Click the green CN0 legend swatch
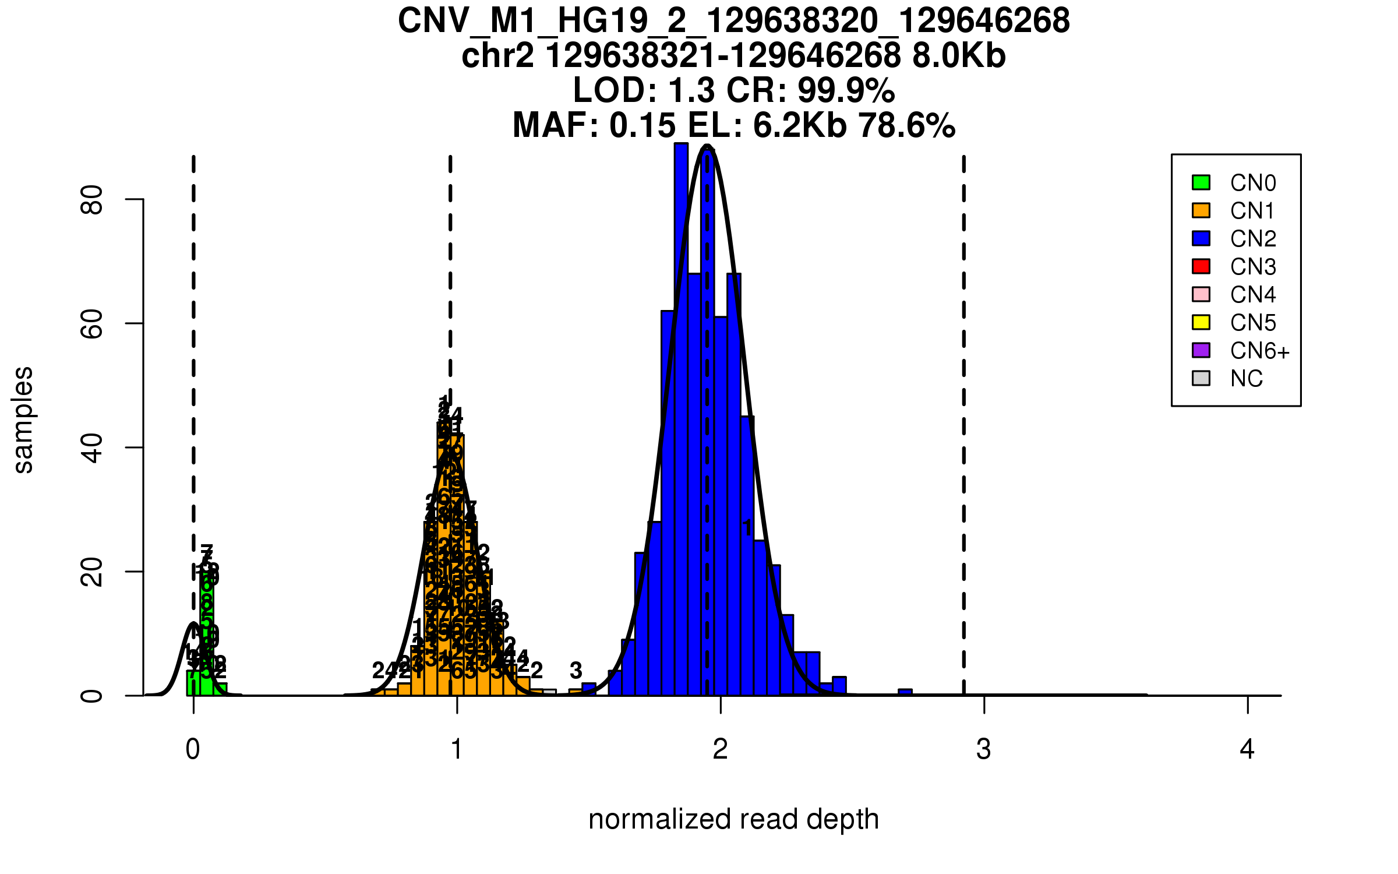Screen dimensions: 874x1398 pyautogui.click(x=1201, y=182)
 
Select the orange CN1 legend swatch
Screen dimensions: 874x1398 pyautogui.click(x=1201, y=210)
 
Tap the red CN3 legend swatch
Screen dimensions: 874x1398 pyautogui.click(x=1201, y=266)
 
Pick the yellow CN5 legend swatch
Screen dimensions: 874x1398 pyautogui.click(x=1201, y=322)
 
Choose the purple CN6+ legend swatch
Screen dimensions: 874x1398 pyautogui.click(x=1201, y=350)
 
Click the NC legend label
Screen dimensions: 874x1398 pyautogui.click(x=1247, y=379)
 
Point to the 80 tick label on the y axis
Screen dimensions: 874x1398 pyautogui.click(x=92, y=200)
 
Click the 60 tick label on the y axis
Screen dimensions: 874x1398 pyautogui.click(x=92, y=324)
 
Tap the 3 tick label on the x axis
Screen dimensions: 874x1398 pyautogui.click(x=984, y=749)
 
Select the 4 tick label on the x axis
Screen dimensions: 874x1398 pyautogui.click(x=1247, y=749)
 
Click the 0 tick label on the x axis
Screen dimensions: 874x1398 pyautogui.click(x=193, y=749)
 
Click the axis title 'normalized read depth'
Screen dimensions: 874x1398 pyautogui.click(x=733, y=819)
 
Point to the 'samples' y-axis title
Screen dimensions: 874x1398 pyautogui.click(x=23, y=420)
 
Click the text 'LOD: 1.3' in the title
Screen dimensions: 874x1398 pyautogui.click(x=644, y=90)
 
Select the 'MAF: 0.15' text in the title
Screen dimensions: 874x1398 pyautogui.click(x=594, y=125)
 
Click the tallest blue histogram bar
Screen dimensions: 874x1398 pyautogui.click(x=681, y=420)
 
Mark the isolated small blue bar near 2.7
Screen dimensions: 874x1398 pyautogui.click(x=905, y=692)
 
